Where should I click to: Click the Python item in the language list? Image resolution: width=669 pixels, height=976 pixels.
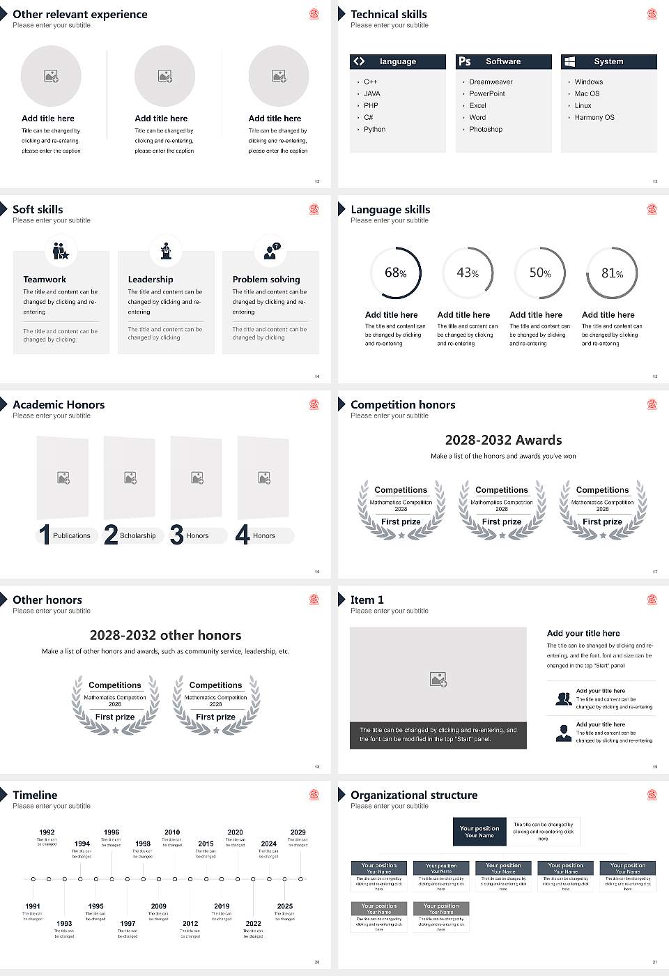374,130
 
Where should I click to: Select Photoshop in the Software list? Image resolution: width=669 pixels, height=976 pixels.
485,130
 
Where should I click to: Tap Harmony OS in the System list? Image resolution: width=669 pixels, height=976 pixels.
594,118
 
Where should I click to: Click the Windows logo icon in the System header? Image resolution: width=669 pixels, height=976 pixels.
569,61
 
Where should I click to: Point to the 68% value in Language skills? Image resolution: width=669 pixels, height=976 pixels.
395,273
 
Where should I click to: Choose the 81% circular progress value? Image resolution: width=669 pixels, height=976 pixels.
612,273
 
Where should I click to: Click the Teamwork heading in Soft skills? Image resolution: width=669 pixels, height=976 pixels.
45,280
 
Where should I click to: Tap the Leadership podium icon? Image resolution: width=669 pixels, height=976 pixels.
166,251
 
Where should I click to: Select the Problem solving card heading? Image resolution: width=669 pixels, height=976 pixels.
266,280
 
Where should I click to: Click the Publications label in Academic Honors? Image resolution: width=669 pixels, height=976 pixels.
72,536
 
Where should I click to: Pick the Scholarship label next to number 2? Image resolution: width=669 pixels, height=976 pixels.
137,536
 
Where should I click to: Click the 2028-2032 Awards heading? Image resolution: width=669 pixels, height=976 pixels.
503,441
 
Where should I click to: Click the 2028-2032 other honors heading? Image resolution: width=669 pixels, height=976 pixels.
165,636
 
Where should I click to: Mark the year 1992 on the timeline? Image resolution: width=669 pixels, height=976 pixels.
47,832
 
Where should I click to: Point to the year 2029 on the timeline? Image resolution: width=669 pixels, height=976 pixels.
298,832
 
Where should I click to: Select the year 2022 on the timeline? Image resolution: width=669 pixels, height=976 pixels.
253,924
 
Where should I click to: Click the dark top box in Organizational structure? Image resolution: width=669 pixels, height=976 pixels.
479,832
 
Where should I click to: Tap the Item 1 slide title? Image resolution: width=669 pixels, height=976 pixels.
367,600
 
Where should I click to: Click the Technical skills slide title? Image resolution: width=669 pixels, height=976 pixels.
388,15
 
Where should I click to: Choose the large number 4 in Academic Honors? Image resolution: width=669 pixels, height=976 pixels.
242,535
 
